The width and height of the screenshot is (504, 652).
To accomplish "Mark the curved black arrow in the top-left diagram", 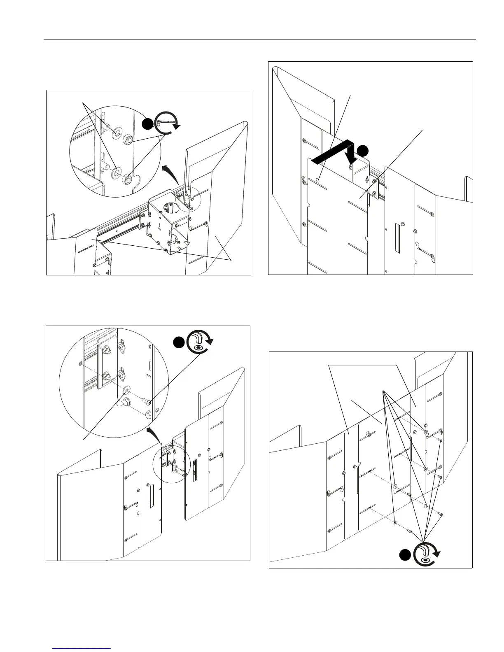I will (x=171, y=173).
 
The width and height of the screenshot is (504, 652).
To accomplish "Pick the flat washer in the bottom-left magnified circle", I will (x=127, y=389).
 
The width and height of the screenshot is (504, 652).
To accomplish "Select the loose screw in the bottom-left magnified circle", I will (x=147, y=399).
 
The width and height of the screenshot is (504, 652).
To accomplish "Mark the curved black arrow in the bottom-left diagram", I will (x=154, y=435).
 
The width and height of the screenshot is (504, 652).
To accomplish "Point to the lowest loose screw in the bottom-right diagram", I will (x=410, y=531).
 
